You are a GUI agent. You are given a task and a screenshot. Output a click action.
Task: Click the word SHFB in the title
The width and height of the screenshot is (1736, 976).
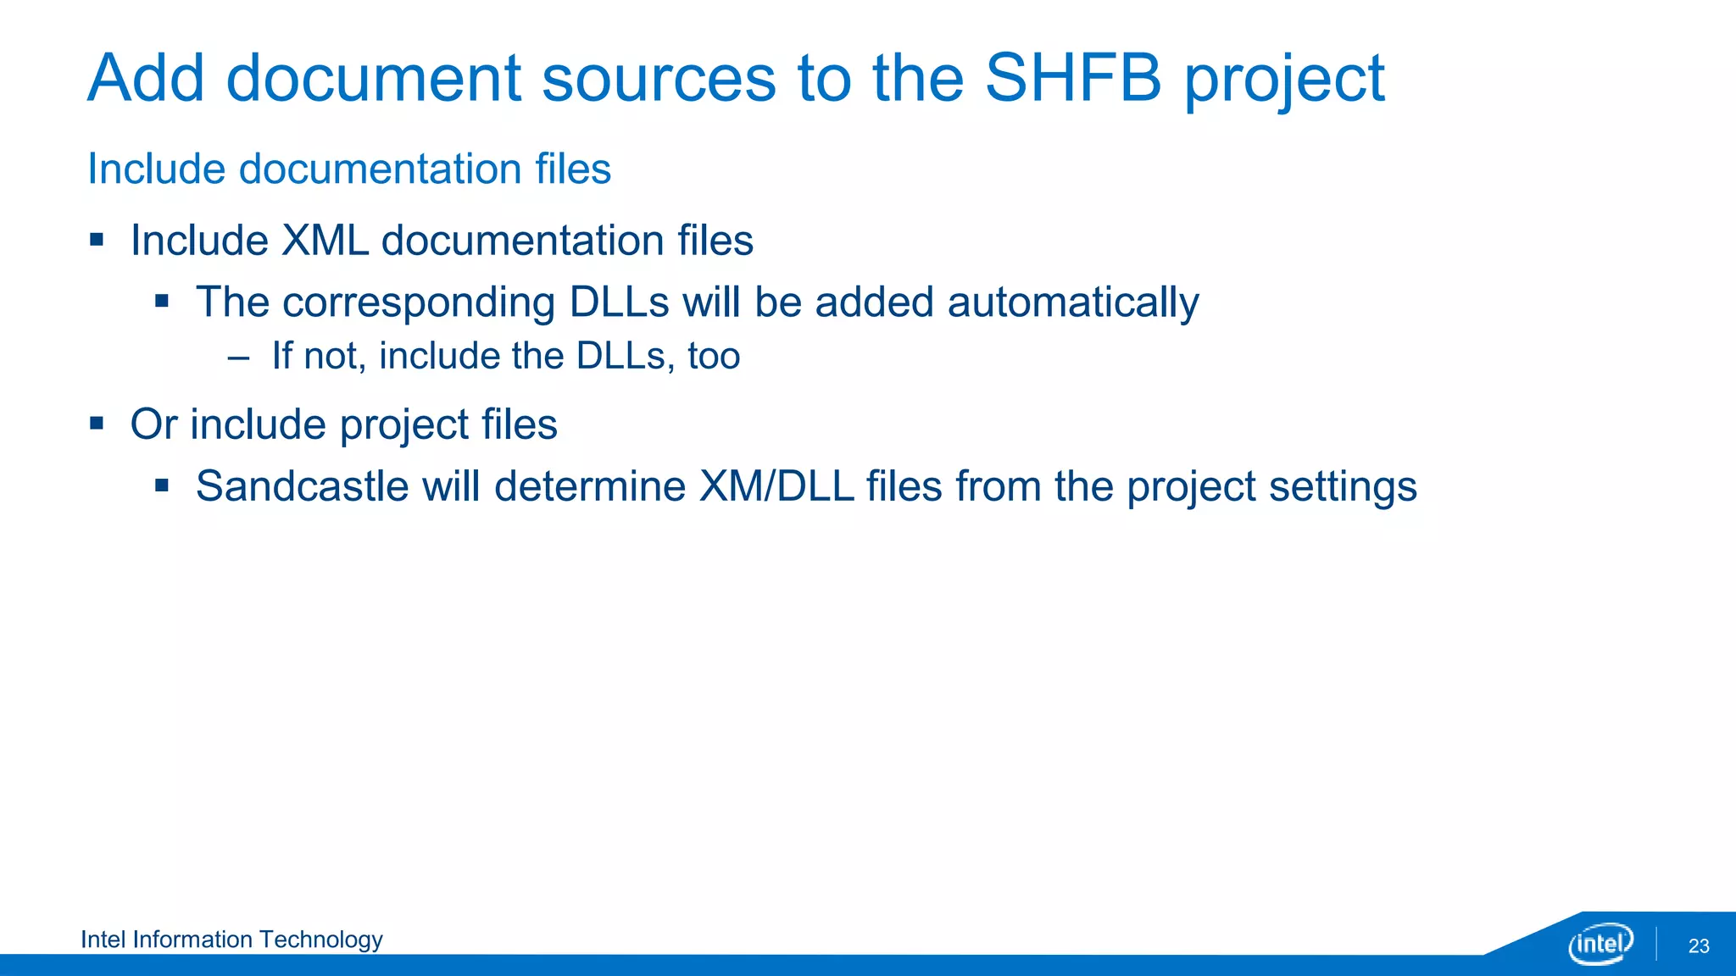(1072, 78)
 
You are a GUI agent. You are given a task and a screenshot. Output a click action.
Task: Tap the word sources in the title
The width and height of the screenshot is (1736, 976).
(659, 78)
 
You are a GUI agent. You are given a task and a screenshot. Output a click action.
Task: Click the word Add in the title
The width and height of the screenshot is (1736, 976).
(146, 78)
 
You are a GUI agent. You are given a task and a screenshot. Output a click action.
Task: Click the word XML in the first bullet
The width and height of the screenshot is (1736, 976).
(325, 241)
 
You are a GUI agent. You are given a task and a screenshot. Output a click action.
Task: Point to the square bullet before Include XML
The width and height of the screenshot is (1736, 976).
(97, 240)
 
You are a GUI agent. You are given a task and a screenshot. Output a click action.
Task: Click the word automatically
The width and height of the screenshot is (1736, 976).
(1072, 302)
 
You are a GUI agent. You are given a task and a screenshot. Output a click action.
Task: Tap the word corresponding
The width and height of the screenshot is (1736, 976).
(418, 302)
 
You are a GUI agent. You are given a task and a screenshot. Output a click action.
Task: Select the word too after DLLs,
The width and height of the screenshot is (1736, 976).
(714, 356)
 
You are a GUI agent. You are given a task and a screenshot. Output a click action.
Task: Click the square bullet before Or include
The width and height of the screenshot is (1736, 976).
(97, 423)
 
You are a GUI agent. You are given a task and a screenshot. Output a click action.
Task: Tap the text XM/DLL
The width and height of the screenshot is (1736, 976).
(776, 486)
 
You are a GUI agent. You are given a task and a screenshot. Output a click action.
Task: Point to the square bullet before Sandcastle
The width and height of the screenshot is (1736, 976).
(162, 486)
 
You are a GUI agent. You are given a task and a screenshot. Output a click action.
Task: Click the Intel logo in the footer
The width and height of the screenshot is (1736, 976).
(1600, 943)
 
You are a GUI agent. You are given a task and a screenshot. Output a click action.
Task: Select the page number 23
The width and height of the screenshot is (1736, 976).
(1698, 946)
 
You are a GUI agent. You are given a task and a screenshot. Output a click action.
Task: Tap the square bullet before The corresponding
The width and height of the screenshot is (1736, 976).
(162, 302)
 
